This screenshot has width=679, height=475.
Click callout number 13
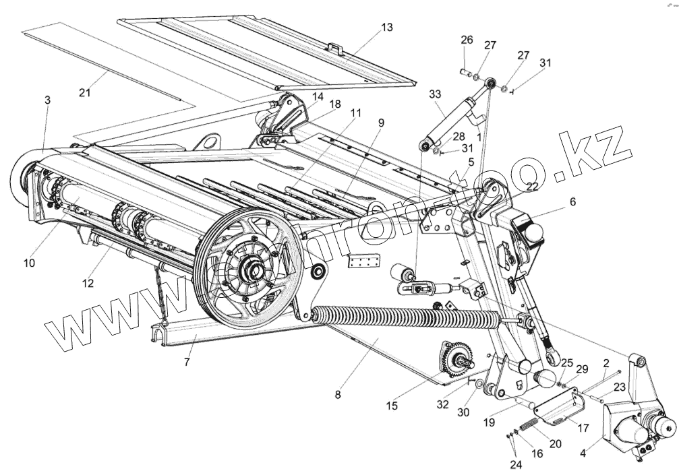point(386,28)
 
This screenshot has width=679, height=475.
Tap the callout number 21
point(84,93)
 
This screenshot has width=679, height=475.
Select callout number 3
point(47,100)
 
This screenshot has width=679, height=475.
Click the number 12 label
point(88,283)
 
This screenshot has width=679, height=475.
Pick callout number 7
point(186,362)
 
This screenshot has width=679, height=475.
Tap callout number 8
point(337,394)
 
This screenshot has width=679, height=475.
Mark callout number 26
point(466,40)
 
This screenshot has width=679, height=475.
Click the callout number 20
point(556,443)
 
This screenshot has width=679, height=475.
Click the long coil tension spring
point(411,315)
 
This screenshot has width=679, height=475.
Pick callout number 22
point(531,187)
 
